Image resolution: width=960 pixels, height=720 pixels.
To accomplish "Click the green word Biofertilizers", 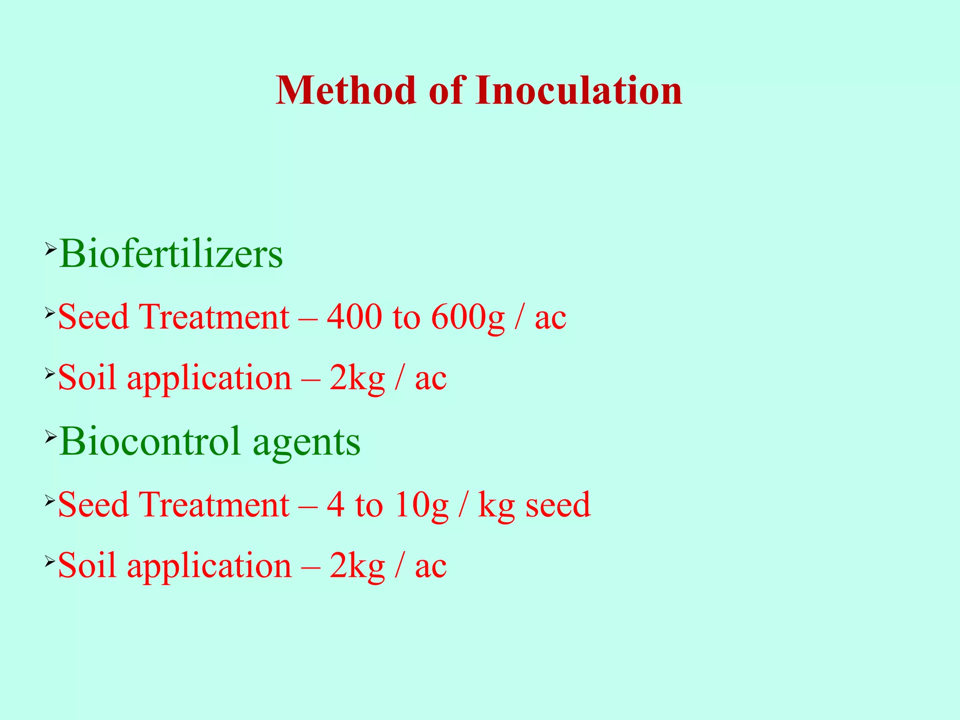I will (x=171, y=255).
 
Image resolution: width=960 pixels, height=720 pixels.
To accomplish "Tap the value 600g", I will (x=467, y=318).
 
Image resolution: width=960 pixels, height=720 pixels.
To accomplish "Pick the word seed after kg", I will (x=558, y=505).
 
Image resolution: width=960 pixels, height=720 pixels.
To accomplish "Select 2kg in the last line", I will (x=357, y=566).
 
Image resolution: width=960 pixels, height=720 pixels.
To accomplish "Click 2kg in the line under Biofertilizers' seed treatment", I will (x=357, y=378).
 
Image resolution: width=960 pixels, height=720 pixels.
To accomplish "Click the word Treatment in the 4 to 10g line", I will (x=214, y=505).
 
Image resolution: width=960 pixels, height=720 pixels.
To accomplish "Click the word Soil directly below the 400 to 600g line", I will (x=87, y=378).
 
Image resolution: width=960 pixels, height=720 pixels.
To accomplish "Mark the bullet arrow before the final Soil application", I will (x=50, y=561).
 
